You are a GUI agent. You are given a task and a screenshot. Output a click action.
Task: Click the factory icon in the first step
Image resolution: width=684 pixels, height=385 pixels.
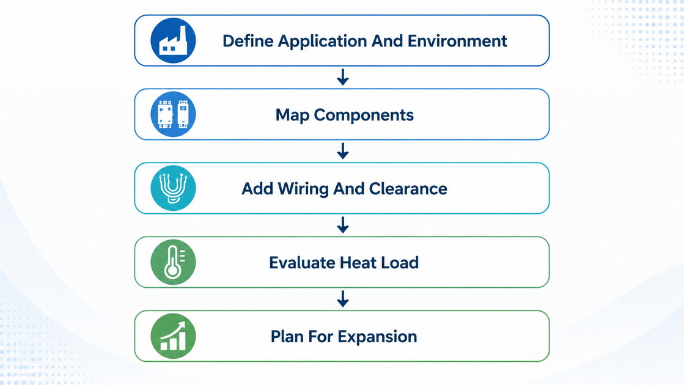coord(173,40)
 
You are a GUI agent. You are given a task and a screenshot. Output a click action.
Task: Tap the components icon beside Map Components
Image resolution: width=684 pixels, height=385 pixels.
coord(173,114)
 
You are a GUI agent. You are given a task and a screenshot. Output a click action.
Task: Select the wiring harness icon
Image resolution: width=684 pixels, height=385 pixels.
coord(173,188)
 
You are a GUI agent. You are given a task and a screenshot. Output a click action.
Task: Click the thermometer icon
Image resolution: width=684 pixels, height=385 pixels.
coord(173,262)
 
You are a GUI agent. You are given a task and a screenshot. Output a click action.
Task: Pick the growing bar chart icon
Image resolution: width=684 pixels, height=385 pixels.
coord(173,335)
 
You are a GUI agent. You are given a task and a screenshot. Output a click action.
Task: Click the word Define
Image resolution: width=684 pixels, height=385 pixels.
coord(248,41)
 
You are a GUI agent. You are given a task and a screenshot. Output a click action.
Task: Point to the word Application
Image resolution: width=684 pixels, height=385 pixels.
coord(322,42)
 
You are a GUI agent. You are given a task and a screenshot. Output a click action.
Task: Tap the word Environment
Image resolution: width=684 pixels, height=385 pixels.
coord(457,41)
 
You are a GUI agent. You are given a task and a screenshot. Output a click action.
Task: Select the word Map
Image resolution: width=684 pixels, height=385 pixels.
coord(292,116)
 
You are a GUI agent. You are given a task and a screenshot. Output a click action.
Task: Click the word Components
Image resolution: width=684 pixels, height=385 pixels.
coord(364,116)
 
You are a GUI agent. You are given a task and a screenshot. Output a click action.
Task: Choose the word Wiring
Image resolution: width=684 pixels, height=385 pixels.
coord(303,189)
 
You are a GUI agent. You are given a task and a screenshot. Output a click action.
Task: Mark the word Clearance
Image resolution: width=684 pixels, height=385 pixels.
coord(408,188)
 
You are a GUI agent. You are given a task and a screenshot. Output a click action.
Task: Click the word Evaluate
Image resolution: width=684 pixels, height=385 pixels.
coord(302,263)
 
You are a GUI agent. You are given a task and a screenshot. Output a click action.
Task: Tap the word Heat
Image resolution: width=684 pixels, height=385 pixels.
coord(358,263)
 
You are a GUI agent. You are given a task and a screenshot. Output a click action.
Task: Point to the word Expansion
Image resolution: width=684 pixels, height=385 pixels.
coord(377,337)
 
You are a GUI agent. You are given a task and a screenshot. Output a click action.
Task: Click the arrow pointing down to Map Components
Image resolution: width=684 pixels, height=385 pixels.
coord(343,77)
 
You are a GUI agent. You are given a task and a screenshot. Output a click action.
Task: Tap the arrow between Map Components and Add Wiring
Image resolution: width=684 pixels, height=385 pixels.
coord(343,151)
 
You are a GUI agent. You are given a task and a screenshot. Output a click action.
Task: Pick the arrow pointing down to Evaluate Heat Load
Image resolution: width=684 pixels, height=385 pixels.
coord(343,224)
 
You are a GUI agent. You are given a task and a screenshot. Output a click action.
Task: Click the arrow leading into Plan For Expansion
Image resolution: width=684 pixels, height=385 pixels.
coord(343,299)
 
